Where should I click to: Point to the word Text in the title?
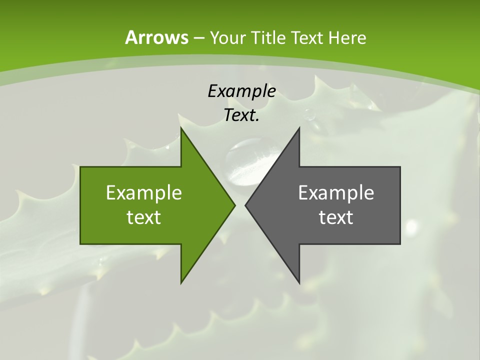click(x=308, y=38)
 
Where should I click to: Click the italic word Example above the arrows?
click(x=241, y=91)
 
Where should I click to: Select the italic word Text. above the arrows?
click(x=241, y=115)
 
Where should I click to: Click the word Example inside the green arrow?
click(x=144, y=193)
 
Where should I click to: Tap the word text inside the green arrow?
click(x=144, y=217)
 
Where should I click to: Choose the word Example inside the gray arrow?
click(x=336, y=193)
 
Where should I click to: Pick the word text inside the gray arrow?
click(x=336, y=217)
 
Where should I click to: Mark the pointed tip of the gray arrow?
click(x=246, y=205)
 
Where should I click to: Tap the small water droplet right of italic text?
click(x=310, y=115)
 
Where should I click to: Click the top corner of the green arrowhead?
click(x=181, y=128)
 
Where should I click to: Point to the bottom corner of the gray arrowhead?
click(x=299, y=282)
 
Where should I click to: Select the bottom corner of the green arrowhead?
click(x=181, y=282)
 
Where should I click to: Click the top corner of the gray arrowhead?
click(x=299, y=128)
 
